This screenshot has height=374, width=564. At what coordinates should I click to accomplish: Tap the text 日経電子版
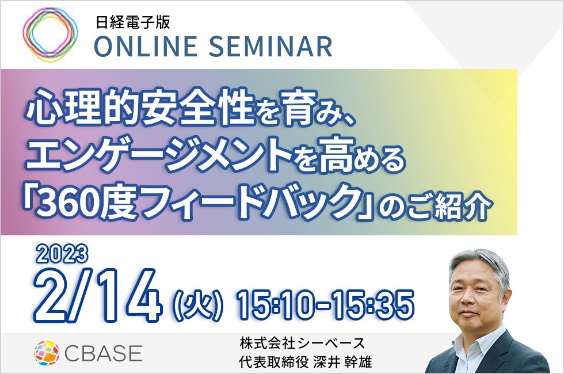coord(133,23)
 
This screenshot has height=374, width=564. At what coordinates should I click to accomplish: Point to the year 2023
coord(62,254)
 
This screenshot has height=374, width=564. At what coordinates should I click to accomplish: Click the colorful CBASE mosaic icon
coord(47,353)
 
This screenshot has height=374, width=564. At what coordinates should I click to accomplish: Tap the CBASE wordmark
coord(103,353)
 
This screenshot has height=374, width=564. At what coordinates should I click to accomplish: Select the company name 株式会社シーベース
coord(303,344)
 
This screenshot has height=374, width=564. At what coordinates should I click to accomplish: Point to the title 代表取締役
coord(274,361)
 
